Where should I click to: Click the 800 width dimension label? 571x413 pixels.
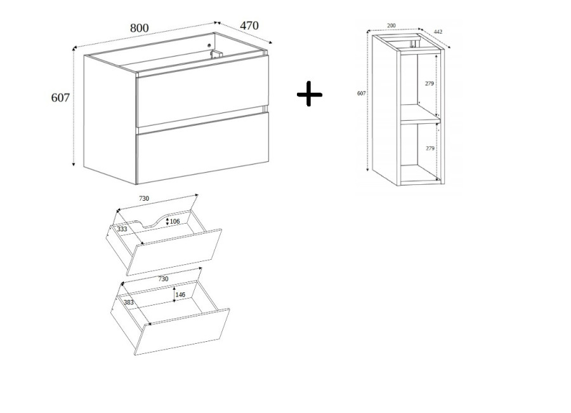point(140,28)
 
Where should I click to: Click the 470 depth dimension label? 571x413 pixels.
point(249,25)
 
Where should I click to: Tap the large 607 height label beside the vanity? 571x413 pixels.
point(60,98)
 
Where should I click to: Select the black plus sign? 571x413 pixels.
point(310,95)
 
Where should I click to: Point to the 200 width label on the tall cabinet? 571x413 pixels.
point(391,25)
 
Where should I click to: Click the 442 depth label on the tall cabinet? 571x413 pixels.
point(438,32)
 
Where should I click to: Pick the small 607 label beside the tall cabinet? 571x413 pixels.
point(361,93)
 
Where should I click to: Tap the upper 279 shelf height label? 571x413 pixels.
point(430,83)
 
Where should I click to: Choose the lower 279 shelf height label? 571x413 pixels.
point(430,149)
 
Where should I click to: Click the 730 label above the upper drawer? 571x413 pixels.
point(144,198)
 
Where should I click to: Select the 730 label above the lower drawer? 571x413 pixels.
point(163,279)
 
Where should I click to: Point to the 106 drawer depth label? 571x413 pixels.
point(175,222)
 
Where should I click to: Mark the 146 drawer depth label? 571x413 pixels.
point(180,294)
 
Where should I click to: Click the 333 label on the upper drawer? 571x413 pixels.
point(122,229)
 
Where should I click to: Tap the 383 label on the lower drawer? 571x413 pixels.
point(129,302)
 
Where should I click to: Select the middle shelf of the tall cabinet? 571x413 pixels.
point(421,114)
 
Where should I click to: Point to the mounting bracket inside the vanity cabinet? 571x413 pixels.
point(216,55)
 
